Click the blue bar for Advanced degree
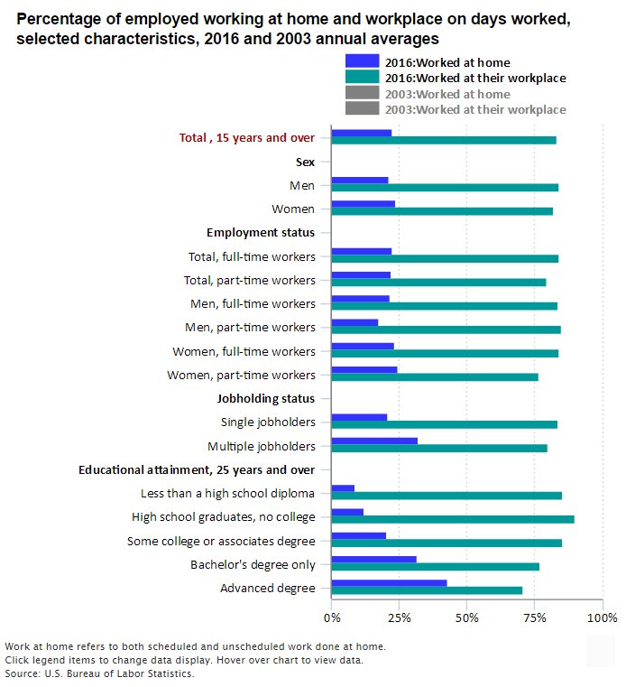389,583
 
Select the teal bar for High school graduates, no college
453,519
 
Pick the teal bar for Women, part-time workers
435,376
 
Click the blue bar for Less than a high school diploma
343,488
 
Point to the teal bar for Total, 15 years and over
444,140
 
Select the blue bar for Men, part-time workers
354,322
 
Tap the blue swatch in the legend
362,62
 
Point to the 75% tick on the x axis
535,617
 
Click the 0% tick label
332,617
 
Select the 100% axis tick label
602,617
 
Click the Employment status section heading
261,232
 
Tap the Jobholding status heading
266,398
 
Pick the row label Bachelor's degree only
253,565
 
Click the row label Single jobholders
268,422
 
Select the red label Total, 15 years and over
247,138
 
